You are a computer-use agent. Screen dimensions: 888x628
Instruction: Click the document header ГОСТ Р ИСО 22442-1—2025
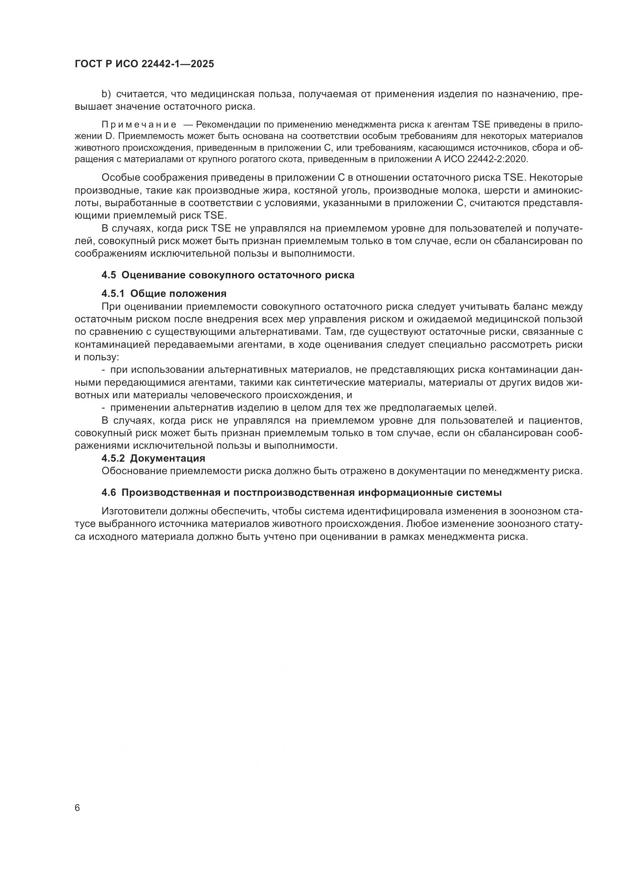pyautogui.click(x=144, y=64)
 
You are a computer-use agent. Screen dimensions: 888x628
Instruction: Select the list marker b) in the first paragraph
pyautogui.click(x=106, y=94)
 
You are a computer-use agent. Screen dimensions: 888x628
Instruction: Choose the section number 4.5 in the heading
pyautogui.click(x=109, y=275)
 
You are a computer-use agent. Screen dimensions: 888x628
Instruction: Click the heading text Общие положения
pyautogui.click(x=178, y=294)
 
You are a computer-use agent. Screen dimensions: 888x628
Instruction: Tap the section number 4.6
pyautogui.click(x=109, y=493)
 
